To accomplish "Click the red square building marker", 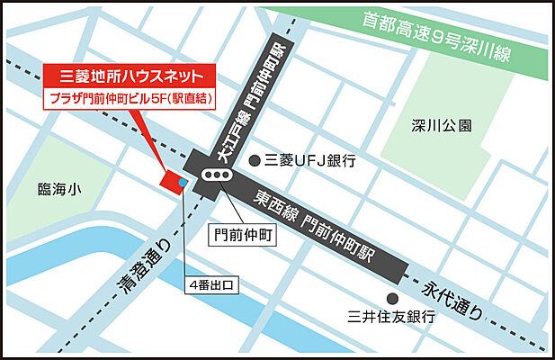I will tap(171, 179).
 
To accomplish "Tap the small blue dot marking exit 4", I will tap(183, 183).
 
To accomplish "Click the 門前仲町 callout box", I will tap(244, 235).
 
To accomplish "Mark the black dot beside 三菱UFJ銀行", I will tap(255, 161).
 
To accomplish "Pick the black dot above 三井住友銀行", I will tap(391, 298).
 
